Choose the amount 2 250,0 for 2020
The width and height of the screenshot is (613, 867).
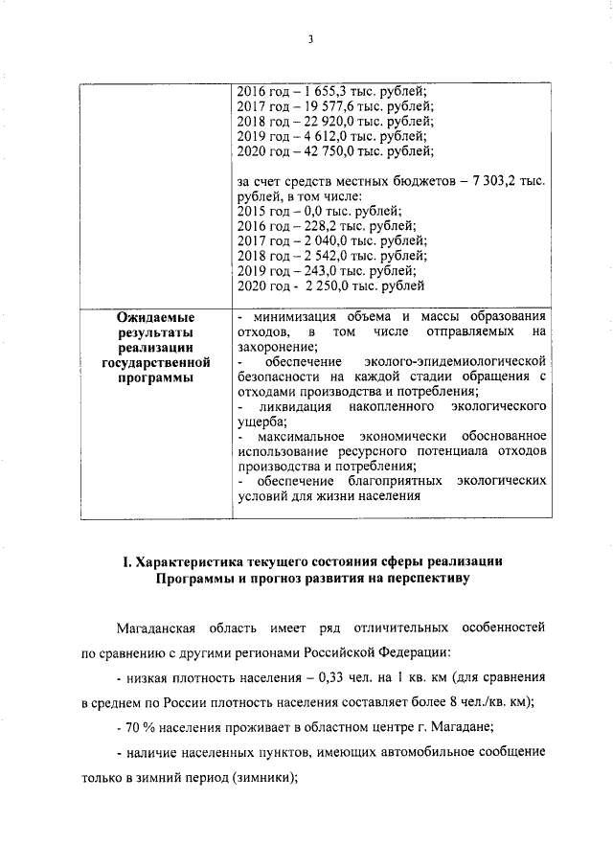(x=329, y=285)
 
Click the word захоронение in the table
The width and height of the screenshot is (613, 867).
(x=274, y=347)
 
